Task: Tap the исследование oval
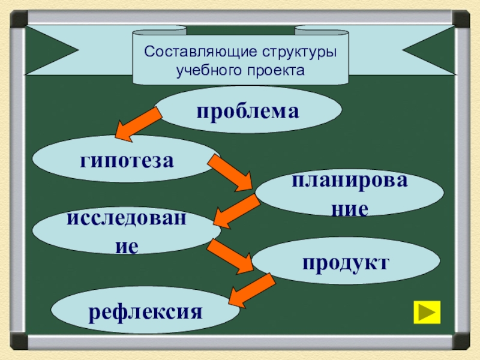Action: click(126, 230)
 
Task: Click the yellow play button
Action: click(427, 312)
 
